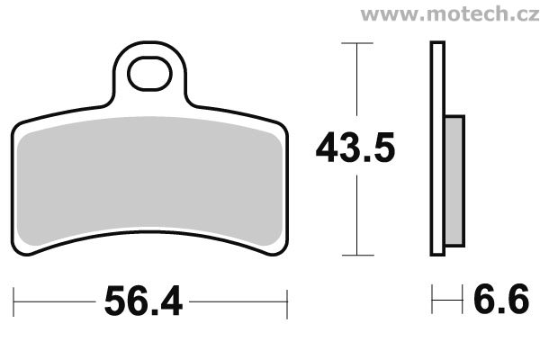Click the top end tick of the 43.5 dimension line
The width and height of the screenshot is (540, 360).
[x=358, y=42]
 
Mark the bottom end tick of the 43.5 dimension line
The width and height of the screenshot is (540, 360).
[x=358, y=256]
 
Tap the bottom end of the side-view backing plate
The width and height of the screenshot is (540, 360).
[x=437, y=254]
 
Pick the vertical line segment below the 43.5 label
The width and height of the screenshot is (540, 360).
[x=358, y=216]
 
